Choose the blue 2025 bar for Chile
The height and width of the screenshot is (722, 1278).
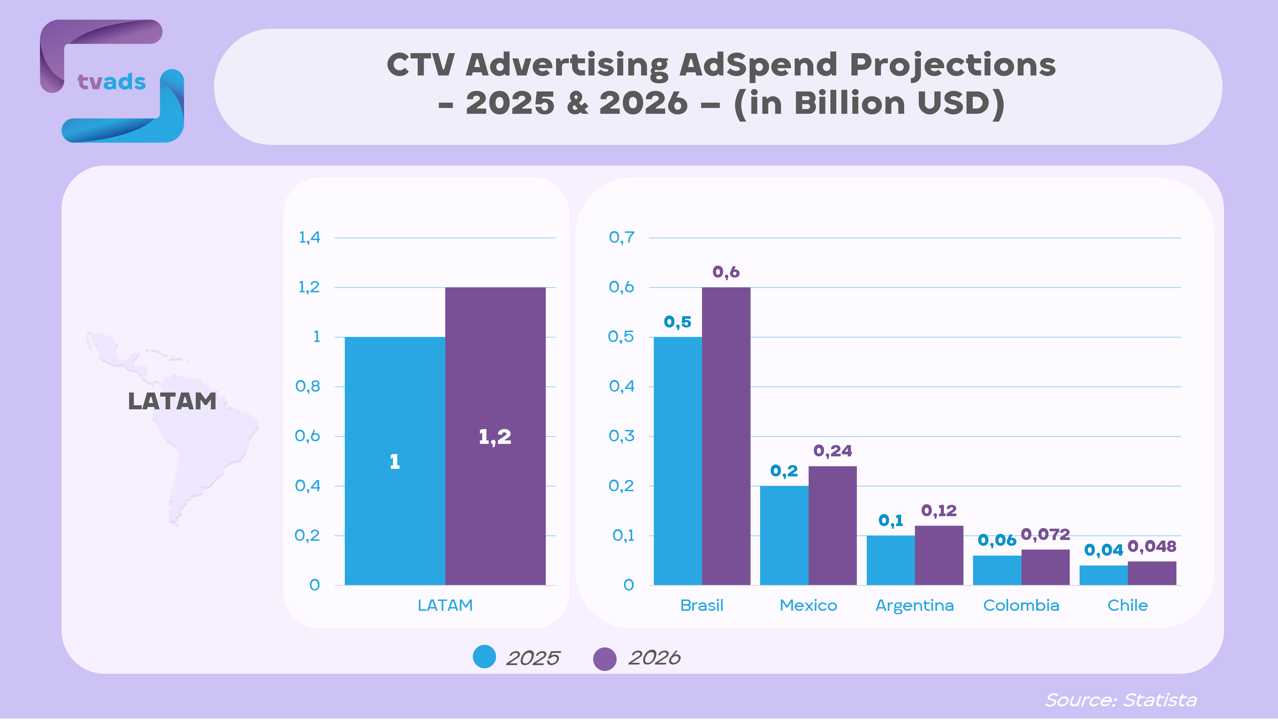pos(1103,575)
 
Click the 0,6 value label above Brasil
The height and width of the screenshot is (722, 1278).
pos(726,272)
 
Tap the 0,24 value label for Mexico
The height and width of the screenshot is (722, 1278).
pos(832,451)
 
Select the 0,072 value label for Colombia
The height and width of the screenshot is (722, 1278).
pos(1045,534)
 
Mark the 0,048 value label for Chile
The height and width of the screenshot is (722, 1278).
pos(1151,546)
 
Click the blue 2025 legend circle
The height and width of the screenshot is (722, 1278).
pos(484,657)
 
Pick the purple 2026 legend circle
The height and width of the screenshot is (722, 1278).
pos(605,658)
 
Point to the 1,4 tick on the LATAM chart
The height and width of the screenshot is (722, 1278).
pos(309,237)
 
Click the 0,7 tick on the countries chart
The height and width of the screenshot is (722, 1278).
pos(621,237)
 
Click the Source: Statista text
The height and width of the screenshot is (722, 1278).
pos(1120,700)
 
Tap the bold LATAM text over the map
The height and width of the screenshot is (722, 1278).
pos(172,401)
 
